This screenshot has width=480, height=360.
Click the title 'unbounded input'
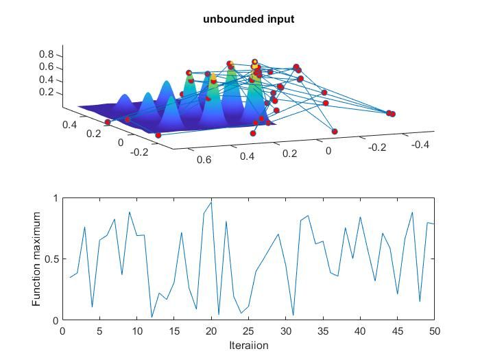point(248,19)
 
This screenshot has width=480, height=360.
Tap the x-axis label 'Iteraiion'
point(248,346)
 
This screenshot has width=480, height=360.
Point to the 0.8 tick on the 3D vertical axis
point(47,54)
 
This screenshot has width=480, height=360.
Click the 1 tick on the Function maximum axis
point(56,198)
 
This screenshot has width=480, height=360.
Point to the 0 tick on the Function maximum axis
point(56,320)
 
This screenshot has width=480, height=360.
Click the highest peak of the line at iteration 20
point(211,202)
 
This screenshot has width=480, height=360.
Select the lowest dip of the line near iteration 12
point(152,317)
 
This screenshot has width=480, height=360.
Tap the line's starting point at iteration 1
point(70,277)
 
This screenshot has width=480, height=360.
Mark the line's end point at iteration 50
point(434,224)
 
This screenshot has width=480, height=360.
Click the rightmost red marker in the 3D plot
point(392,114)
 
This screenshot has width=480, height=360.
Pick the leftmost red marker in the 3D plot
point(108,122)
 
